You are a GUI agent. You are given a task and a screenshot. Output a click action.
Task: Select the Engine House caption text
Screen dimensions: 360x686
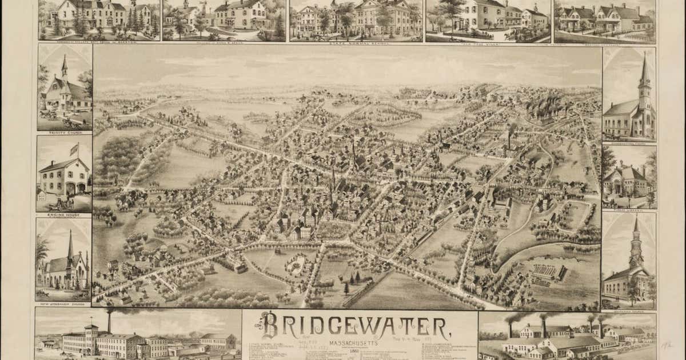pos(63,215)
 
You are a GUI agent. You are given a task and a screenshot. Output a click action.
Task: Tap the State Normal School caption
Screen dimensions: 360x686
pos(357,42)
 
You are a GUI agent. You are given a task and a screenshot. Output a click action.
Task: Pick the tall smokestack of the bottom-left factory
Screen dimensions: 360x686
pos(109,321)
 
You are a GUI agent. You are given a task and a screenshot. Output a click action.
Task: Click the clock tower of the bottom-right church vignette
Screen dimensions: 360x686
pos(636,246)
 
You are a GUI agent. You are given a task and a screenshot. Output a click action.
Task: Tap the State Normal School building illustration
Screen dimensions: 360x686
pos(357,20)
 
